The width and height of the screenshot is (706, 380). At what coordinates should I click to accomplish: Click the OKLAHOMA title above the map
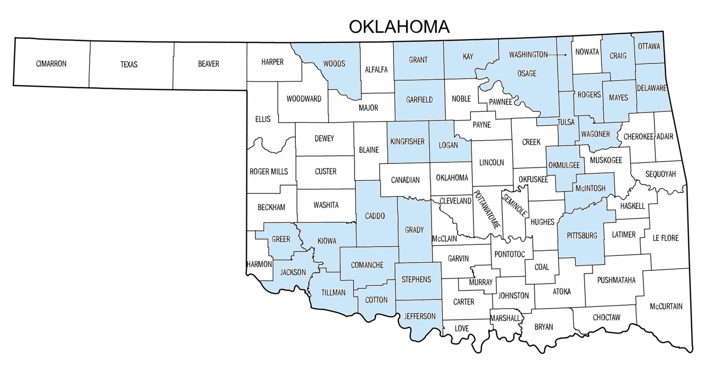pyautogui.click(x=399, y=27)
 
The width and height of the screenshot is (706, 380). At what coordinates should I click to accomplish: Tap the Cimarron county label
pyautogui.click(x=51, y=63)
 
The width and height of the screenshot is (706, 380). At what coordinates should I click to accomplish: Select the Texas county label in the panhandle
pyautogui.click(x=129, y=64)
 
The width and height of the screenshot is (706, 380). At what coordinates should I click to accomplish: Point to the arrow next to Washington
pyautogui.click(x=558, y=55)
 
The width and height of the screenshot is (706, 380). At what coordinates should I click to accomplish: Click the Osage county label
pyautogui.click(x=526, y=73)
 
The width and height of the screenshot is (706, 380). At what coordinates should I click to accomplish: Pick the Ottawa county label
pyautogui.click(x=649, y=46)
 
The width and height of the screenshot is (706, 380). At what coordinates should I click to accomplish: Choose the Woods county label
pyautogui.click(x=334, y=63)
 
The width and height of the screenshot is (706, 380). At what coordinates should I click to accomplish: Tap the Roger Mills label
pyautogui.click(x=269, y=172)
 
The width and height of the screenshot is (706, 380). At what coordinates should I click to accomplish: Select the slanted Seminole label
pyautogui.click(x=515, y=205)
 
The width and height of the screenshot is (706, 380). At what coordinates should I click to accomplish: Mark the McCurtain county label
pyautogui.click(x=666, y=306)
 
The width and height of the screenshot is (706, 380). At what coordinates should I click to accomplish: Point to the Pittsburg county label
pyautogui.click(x=582, y=236)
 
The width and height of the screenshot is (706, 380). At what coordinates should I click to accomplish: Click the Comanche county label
pyautogui.click(x=367, y=265)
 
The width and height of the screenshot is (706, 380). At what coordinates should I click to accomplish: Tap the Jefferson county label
pyautogui.click(x=419, y=316)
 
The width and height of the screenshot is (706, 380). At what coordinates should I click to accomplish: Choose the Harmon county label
pyautogui.click(x=259, y=264)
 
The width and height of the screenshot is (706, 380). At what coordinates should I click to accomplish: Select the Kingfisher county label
pyautogui.click(x=407, y=141)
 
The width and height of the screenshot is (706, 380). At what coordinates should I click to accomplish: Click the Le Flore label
pyautogui.click(x=665, y=238)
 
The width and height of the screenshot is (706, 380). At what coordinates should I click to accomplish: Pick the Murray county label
pyautogui.click(x=480, y=282)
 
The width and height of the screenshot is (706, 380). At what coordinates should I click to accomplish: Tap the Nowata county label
pyautogui.click(x=587, y=52)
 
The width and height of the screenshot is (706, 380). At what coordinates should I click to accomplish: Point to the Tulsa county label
pyautogui.click(x=566, y=122)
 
